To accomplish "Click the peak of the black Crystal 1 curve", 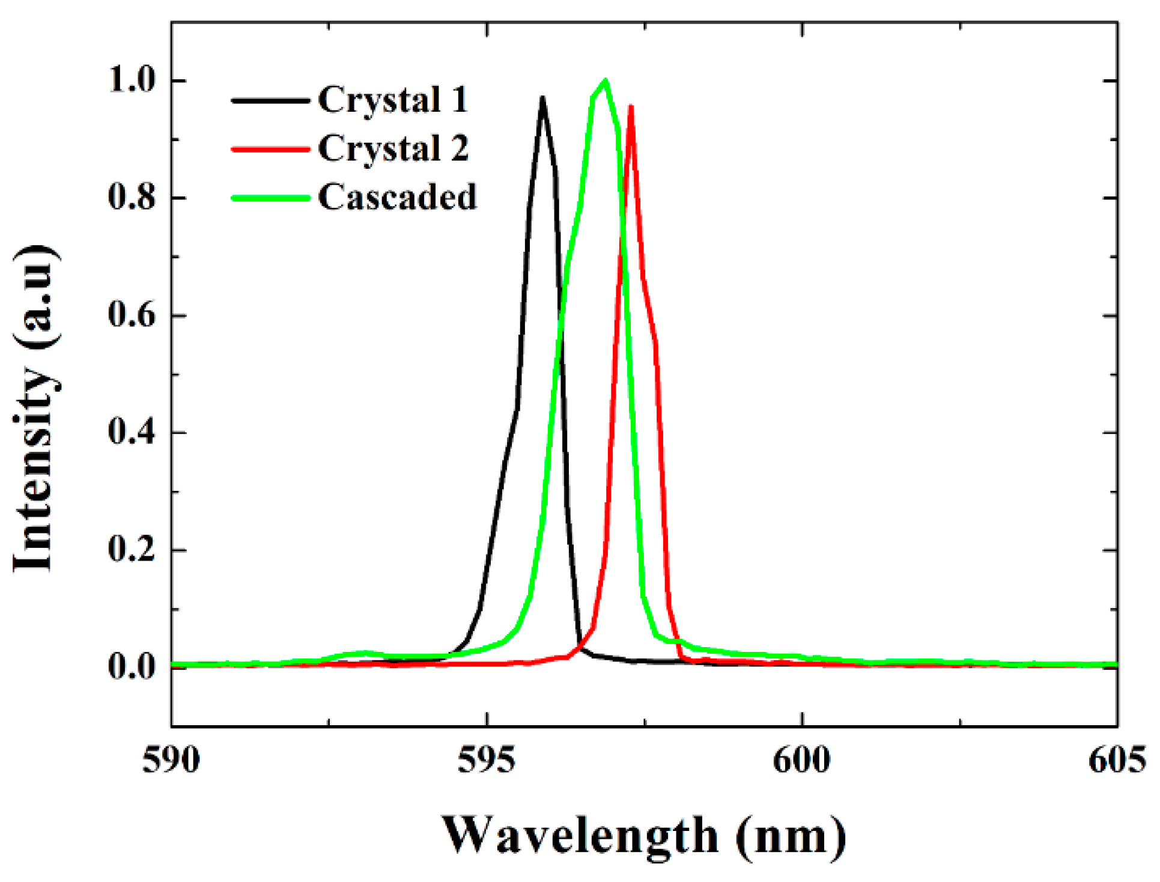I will pos(542,99).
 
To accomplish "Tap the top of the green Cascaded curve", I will pos(605,81).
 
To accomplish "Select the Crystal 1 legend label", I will pos(393,100).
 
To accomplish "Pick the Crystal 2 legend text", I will pos(393,148).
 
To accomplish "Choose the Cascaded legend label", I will pos(397,197).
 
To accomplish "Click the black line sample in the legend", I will pos(270,101).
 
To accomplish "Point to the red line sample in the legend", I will pos(270,149).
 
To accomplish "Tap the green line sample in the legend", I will pos(270,198).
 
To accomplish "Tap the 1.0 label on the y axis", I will pos(132,80).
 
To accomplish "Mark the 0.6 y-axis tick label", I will pos(132,315).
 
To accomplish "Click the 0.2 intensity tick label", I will pos(132,549).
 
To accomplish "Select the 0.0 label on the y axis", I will pos(132,666).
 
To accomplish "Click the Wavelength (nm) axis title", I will pos(644,836).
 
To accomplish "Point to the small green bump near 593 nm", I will pos(363,652).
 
